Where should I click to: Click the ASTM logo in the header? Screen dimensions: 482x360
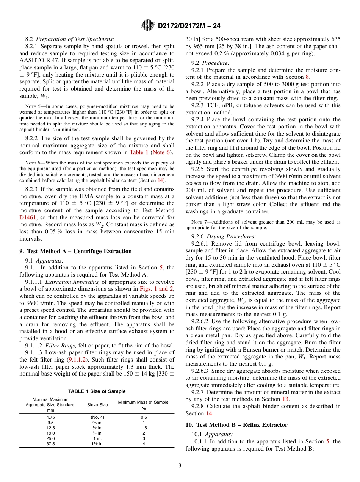point(147,26)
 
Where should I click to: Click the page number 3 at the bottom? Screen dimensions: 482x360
point(180,466)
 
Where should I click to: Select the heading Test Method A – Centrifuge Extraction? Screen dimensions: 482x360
point(75,251)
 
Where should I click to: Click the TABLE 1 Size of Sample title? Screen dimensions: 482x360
point(97,391)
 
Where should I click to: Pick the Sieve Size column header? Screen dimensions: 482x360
point(97,405)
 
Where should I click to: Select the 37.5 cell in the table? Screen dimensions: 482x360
point(50,444)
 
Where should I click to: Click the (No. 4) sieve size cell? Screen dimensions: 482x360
point(97,417)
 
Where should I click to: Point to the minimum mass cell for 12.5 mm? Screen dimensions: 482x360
point(144,428)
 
